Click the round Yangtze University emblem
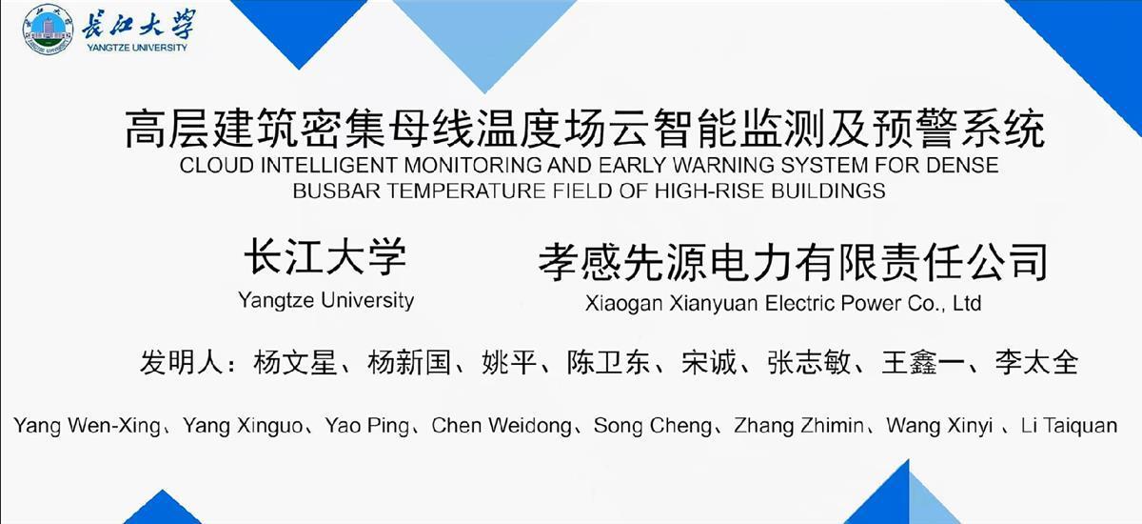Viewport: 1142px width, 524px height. click(x=49, y=30)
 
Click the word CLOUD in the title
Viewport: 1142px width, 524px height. click(x=217, y=166)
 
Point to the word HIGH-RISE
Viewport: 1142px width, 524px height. click(x=710, y=191)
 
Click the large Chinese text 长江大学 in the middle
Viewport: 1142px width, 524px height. click(x=325, y=256)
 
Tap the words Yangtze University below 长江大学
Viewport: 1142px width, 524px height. click(x=325, y=300)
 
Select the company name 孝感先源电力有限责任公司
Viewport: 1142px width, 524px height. click(x=794, y=262)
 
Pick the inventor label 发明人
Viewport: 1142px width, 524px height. click(x=182, y=363)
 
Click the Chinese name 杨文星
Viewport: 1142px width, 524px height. click(x=295, y=363)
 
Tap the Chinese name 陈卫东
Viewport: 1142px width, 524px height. click(x=609, y=363)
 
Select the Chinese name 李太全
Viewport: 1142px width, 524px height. click(x=1036, y=363)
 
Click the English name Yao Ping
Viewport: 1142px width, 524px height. click(x=367, y=426)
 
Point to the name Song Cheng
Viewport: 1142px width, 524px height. click(x=653, y=426)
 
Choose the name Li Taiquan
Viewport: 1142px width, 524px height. click(x=1069, y=426)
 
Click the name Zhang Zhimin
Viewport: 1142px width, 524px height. click(x=798, y=426)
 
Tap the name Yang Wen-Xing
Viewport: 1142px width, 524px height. click(x=88, y=426)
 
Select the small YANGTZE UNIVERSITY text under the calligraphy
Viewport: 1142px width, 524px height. click(x=137, y=48)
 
